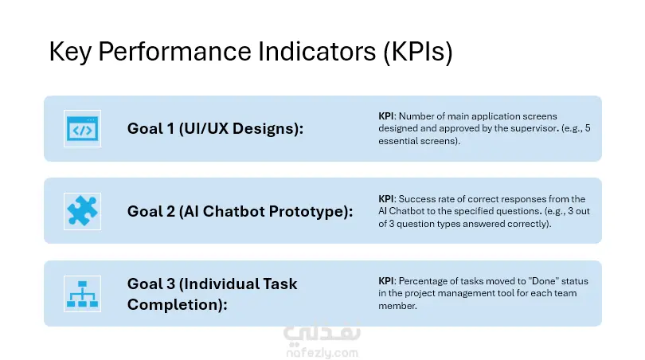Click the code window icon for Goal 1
pos(82,129)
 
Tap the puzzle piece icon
pos(82,211)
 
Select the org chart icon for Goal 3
pos(82,294)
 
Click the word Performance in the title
pos(174,52)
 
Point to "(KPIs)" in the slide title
pos(418,52)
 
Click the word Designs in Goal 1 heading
pos(268,129)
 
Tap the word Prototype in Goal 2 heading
pos(311,212)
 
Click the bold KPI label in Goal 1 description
pos(386,116)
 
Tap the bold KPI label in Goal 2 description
pos(386,199)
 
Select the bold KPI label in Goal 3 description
pos(386,281)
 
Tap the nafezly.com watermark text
pos(322,353)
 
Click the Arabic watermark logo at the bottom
pos(322,332)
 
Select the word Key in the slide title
pos(70,52)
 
